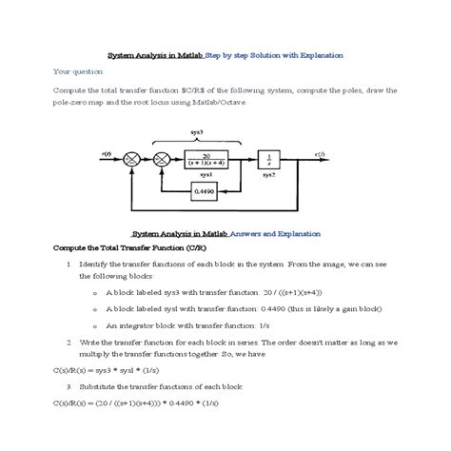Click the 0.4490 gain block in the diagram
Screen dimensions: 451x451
(x=203, y=190)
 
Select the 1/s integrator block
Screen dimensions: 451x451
(x=269, y=160)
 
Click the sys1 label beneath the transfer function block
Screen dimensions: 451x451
(x=205, y=176)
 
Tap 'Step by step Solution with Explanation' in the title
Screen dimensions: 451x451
(x=274, y=55)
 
